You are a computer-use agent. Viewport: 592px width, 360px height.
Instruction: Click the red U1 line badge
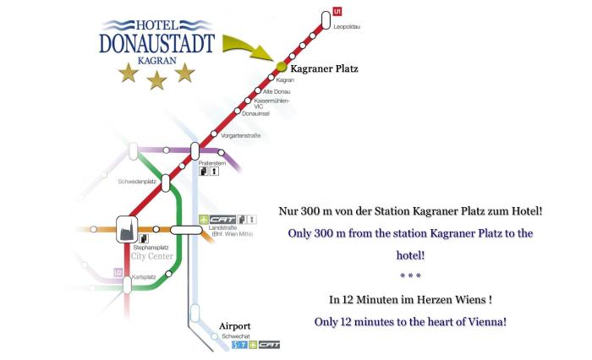click(x=337, y=12)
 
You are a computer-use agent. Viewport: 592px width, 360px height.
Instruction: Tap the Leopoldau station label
click(x=347, y=27)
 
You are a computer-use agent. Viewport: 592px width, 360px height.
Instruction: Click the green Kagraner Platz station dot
click(x=281, y=67)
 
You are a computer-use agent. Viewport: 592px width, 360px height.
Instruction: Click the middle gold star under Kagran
click(x=156, y=79)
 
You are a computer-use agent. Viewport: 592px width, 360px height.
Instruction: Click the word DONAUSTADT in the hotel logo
click(x=156, y=43)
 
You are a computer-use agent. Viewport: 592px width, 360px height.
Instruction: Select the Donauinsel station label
click(x=255, y=113)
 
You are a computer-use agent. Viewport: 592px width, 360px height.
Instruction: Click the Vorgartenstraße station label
click(x=240, y=135)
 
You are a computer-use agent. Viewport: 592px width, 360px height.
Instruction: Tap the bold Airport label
click(x=234, y=325)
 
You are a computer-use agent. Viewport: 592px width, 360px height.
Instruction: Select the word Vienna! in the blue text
click(x=483, y=321)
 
